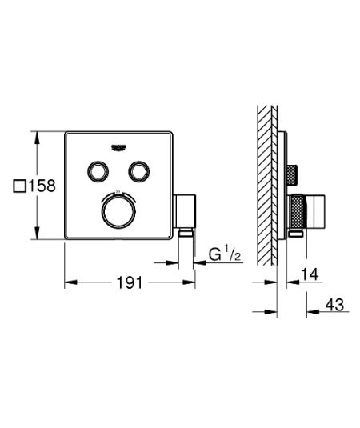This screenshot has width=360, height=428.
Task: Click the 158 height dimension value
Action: coord(42,186)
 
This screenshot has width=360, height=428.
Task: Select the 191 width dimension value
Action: coord(129,282)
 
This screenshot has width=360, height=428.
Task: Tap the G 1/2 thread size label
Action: coord(226,255)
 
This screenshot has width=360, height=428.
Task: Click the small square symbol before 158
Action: coord(20,186)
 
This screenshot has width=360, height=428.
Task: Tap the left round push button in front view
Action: coord(99,170)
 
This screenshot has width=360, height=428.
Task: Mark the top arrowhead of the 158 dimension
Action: coord(36,135)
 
